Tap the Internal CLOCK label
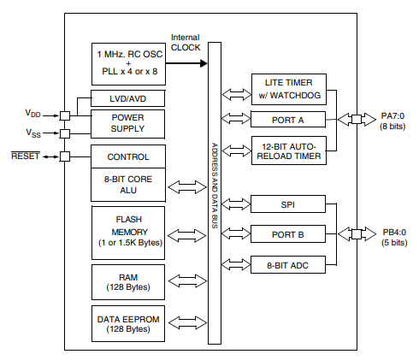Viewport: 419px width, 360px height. [x=186, y=43]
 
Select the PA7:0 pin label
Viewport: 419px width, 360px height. [x=392, y=120]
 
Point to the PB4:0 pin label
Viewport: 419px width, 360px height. [x=392, y=238]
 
